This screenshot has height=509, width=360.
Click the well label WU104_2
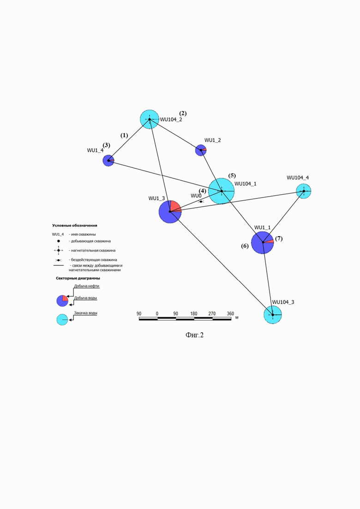pyautogui.click(x=171, y=120)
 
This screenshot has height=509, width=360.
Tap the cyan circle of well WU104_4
pyautogui.click(x=304, y=191)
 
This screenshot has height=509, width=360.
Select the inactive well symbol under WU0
pyautogui.click(x=201, y=202)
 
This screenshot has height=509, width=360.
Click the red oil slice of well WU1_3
pyautogui.click(x=175, y=207)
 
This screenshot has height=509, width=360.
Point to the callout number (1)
pyautogui.click(x=124, y=135)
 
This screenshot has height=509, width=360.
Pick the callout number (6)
pyautogui.click(x=245, y=246)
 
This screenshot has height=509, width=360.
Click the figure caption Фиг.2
pyautogui.click(x=194, y=335)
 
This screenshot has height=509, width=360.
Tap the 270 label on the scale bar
pyautogui.click(x=212, y=314)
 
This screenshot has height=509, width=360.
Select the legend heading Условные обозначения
pyautogui.click(x=75, y=225)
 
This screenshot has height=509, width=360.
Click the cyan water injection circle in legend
pyautogui.click(x=62, y=319)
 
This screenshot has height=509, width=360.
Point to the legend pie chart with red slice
pyautogui.click(x=62, y=301)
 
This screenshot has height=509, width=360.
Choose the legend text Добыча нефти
pyautogui.click(x=87, y=286)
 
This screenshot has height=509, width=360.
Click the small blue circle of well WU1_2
pyautogui.click(x=201, y=150)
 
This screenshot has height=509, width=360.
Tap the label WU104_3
pyautogui.click(x=283, y=302)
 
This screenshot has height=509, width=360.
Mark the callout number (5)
pyautogui.click(x=232, y=176)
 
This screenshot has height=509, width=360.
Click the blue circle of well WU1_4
pyautogui.click(x=108, y=161)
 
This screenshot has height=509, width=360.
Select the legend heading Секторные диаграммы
pyautogui.click(x=78, y=278)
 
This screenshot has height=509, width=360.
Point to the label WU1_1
pyautogui.click(x=262, y=228)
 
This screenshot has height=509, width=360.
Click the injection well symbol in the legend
pyautogui.click(x=59, y=250)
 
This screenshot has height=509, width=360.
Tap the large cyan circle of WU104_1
pyautogui.click(x=221, y=191)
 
